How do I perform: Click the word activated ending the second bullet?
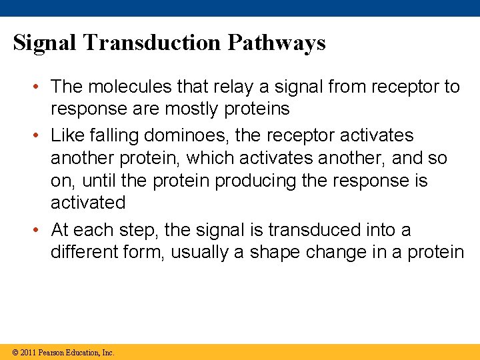point(88,203)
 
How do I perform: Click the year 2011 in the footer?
point(28,352)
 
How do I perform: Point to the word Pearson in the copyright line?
point(55,352)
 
